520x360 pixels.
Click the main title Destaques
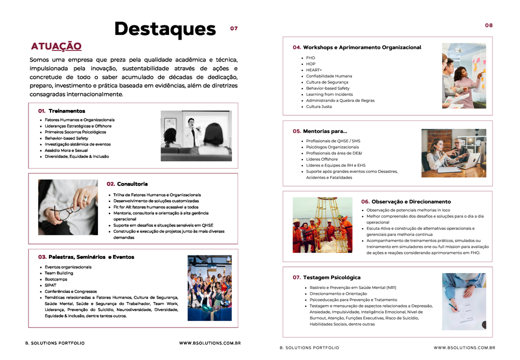(x=164, y=28)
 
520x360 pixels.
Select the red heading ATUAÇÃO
(x=56, y=46)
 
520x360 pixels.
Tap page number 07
(x=234, y=28)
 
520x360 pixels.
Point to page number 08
(x=488, y=25)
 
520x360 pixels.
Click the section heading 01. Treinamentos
(x=61, y=111)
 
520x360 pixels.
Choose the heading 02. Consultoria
(x=127, y=184)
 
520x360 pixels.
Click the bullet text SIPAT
(x=50, y=285)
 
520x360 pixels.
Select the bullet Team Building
(x=59, y=273)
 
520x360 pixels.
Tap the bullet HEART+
(x=314, y=70)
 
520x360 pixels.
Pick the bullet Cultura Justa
(x=319, y=106)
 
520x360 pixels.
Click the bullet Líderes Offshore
(x=322, y=159)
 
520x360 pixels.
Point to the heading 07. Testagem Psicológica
(x=326, y=277)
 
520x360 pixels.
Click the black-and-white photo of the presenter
(x=196, y=135)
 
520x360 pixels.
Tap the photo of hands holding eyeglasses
(x=68, y=207)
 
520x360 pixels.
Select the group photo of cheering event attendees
(x=209, y=287)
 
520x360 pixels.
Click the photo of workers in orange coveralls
(x=322, y=224)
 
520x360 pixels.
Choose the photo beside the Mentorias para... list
(x=453, y=153)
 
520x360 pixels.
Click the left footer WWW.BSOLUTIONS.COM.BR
(x=210, y=343)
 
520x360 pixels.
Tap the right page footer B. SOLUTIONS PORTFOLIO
(x=309, y=347)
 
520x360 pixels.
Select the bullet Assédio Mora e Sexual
(x=66, y=150)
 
